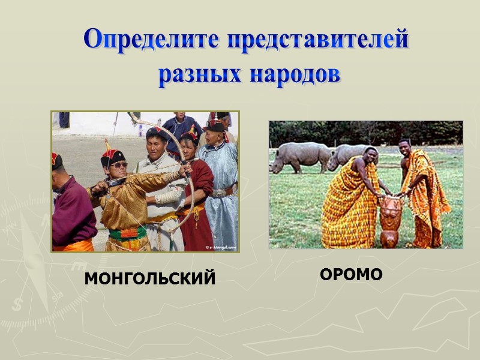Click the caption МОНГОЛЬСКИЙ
coord(149,278)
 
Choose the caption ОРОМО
coord(351,275)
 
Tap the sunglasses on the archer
coord(119,165)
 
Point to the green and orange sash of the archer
coord(127,233)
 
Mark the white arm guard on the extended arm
coord(169,196)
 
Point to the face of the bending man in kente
coord(370,158)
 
